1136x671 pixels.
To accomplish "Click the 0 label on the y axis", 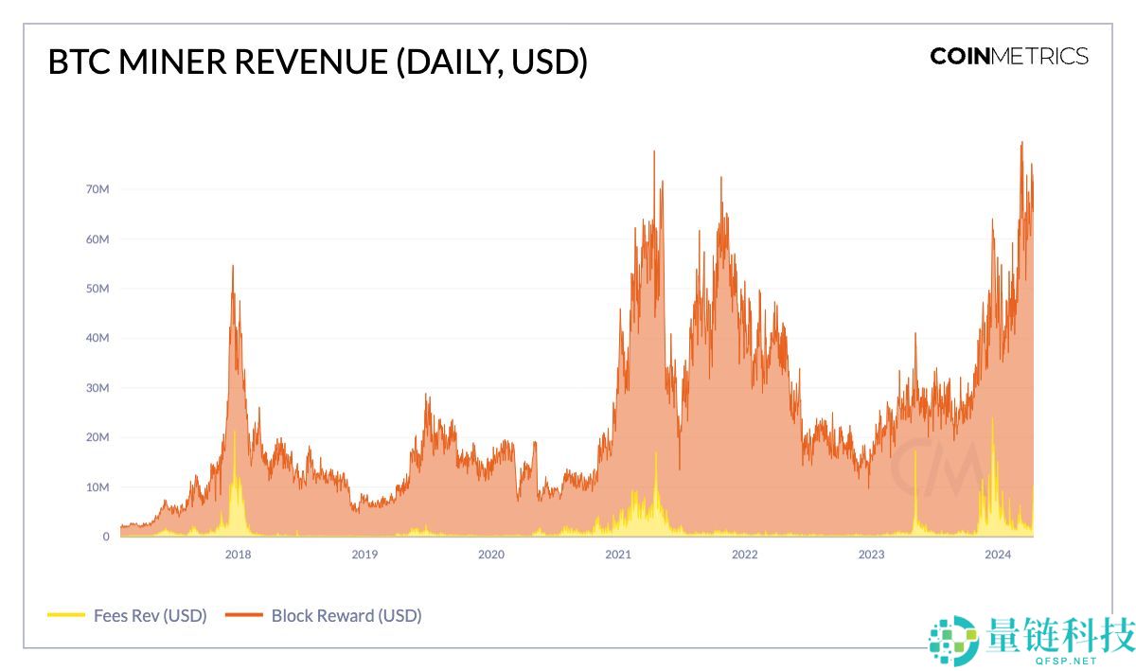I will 106,537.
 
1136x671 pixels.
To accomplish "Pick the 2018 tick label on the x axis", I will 238,555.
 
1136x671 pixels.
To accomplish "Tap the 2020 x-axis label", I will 490,555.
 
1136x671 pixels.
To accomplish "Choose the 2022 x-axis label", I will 744,555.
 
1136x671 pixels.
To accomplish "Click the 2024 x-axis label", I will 997,555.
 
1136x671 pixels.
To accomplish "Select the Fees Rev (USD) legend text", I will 150,615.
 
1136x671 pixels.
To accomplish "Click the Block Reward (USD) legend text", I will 346,615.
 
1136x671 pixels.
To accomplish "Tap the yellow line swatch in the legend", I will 65,615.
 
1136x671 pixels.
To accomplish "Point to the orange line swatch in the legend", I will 242,615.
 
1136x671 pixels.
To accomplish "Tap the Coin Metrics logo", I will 1009,56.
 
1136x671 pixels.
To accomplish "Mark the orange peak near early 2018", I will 233,266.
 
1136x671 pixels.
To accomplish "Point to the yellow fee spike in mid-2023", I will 915,452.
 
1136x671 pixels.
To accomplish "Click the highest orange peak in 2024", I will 1021,142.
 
